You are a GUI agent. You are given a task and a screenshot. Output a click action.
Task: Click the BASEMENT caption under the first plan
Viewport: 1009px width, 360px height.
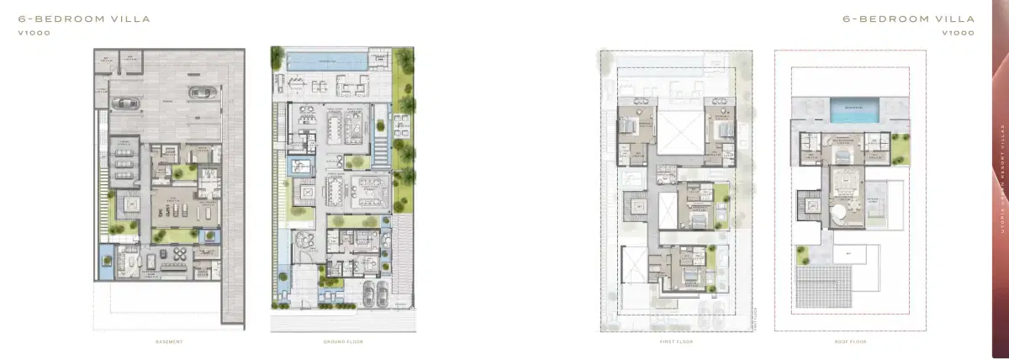169,341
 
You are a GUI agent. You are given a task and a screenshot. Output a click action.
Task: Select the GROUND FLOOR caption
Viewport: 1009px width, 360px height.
342,341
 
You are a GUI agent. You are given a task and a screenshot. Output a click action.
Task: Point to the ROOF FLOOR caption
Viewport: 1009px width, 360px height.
851,341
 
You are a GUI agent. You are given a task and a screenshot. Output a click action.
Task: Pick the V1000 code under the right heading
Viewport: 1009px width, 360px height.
959,33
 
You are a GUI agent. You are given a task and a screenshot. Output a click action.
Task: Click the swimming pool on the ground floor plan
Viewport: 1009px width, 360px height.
325,61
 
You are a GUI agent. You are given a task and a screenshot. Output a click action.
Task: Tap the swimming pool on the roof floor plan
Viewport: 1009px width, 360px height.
853,109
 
